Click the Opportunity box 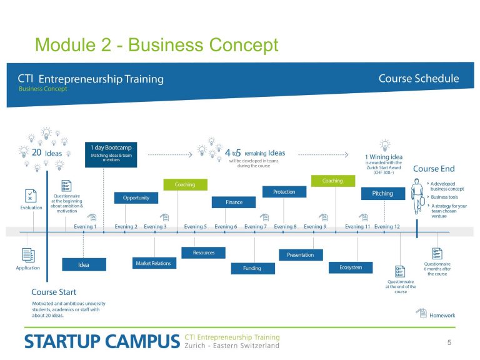tap(136, 197)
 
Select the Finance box tap(234, 202)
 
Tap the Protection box tap(284, 192)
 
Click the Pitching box tap(383, 194)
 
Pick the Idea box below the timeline tap(84, 264)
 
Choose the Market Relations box tap(154, 263)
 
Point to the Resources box tap(204, 252)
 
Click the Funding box tap(253, 269)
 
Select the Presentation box tap(301, 255)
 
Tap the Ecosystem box tap(351, 267)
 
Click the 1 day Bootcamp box tap(111, 154)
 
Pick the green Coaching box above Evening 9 tap(333, 181)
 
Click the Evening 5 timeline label tap(195, 226)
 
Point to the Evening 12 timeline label tap(387, 226)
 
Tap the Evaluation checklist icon tap(31, 196)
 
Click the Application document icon tap(28, 255)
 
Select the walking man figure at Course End tap(417, 196)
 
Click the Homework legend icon tap(421, 313)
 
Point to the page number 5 tap(449, 342)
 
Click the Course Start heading tap(54, 292)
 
